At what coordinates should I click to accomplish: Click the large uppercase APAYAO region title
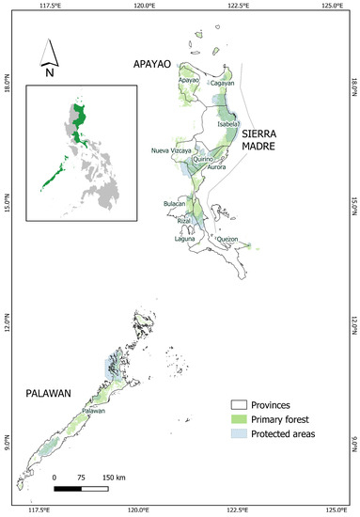[153, 67]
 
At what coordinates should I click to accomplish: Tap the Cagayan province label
[222, 83]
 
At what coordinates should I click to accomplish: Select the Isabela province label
[228, 123]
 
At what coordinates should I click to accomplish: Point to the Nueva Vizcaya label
[170, 150]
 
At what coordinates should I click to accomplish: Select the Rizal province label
[184, 220]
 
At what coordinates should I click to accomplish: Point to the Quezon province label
[227, 240]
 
